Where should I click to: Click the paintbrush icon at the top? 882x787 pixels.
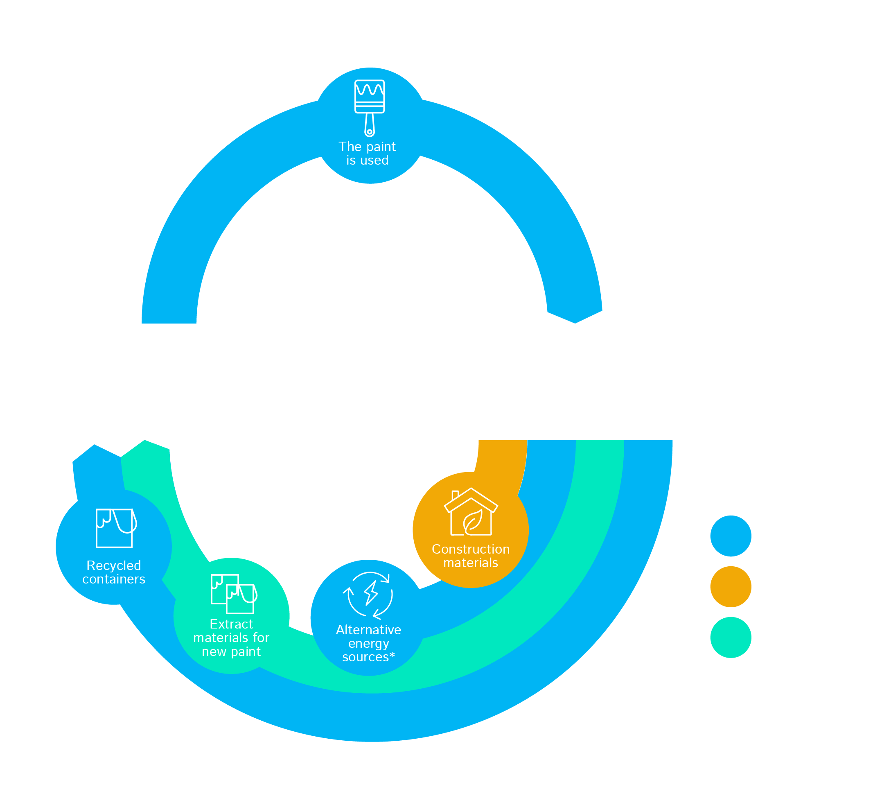tap(370, 107)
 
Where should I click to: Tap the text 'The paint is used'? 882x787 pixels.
tap(367, 154)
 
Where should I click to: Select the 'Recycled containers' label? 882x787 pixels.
tap(114, 572)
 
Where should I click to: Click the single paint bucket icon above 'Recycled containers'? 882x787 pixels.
tap(115, 528)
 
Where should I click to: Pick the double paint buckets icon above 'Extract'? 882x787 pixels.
tap(234, 594)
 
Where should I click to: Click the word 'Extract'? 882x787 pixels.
tap(231, 624)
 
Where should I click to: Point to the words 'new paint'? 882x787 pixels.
tap(231, 651)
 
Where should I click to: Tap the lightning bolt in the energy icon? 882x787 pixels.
tap(371, 593)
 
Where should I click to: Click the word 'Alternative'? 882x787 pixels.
tap(368, 630)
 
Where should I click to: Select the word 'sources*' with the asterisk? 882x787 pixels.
tap(368, 657)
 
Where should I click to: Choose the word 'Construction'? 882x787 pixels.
tap(471, 549)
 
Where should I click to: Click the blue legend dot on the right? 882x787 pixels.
tap(731, 536)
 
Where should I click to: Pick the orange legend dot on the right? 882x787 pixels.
tap(731, 587)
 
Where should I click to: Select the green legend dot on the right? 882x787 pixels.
tap(731, 638)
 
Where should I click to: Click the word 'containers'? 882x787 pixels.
tap(114, 579)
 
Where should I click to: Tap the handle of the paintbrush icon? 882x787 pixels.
tap(370, 124)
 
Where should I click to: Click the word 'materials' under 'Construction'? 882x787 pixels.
tap(471, 563)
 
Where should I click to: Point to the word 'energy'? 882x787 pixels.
tap(368, 643)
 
